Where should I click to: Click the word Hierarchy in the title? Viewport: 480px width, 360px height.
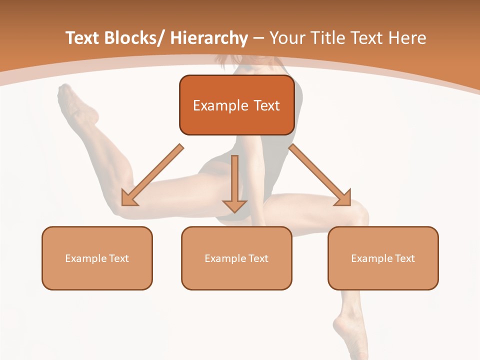[209, 38]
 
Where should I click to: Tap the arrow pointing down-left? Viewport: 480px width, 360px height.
[152, 175]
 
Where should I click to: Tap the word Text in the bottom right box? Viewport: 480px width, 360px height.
[405, 258]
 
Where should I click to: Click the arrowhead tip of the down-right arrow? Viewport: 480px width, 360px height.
[350, 205]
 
